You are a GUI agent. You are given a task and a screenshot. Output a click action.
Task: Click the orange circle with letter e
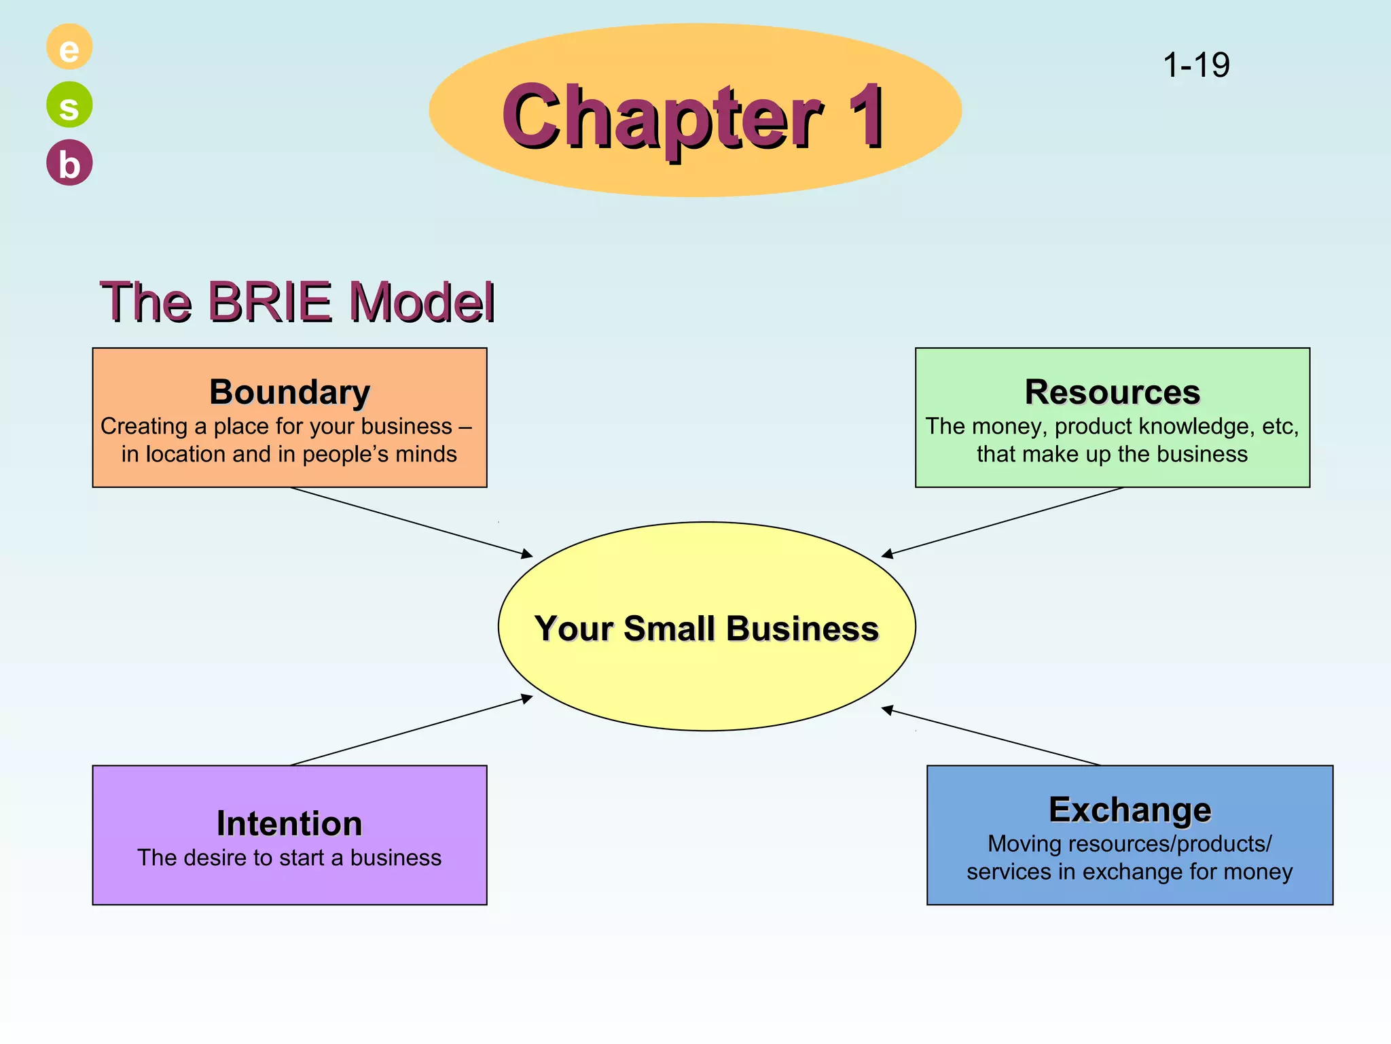69,47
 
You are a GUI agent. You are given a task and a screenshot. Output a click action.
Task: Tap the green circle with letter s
69,105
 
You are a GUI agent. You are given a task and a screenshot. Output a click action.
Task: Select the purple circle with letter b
69,163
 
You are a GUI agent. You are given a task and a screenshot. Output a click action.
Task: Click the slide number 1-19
1196,65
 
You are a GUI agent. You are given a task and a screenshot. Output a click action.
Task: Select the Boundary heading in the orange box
289,392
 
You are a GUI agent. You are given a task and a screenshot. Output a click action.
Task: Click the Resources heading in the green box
1112,392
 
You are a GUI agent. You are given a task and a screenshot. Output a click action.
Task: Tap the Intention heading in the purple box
289,823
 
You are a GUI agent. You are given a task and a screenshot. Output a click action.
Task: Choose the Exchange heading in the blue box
1130,810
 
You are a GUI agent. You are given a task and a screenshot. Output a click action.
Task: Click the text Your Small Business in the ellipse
706,628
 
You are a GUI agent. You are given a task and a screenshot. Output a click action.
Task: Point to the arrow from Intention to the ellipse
411,731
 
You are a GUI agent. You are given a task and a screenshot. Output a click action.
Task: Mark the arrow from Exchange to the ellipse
992,737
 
